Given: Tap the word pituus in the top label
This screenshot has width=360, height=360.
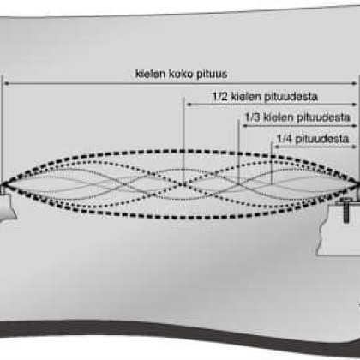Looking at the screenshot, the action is (x=213, y=75).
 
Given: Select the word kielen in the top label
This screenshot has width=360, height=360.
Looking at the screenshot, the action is (x=151, y=74).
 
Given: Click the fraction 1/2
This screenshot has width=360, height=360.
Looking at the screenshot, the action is (x=220, y=96).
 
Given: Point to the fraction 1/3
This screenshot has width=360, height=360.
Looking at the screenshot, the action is (x=253, y=117).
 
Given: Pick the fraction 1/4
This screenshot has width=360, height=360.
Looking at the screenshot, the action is (x=285, y=139).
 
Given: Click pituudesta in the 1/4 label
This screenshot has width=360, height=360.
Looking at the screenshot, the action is (x=322, y=139).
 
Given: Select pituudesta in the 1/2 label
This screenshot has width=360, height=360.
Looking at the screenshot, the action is (x=291, y=97).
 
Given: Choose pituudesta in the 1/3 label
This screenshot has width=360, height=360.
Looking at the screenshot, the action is (x=323, y=117).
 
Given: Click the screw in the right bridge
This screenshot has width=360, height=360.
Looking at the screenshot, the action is (x=345, y=210).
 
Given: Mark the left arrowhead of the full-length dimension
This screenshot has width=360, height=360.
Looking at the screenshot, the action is (x=7, y=83).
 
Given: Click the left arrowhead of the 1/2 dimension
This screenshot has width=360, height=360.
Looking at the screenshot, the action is (x=189, y=105).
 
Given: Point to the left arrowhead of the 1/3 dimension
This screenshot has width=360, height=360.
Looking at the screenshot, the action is (x=245, y=126).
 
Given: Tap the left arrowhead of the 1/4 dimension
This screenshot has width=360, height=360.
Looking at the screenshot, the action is (x=277, y=147).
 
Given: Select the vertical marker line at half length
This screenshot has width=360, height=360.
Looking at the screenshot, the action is (x=183, y=141).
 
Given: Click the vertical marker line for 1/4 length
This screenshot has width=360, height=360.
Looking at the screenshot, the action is (x=272, y=162).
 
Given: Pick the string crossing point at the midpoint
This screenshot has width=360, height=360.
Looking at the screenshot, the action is (x=183, y=184).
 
